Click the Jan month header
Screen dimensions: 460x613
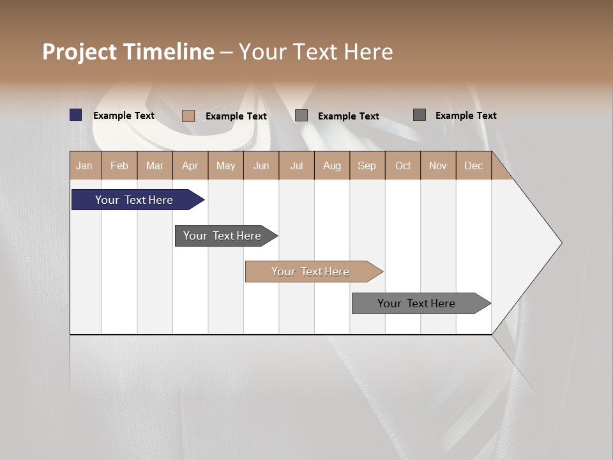[85, 165]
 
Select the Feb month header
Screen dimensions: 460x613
[119, 165]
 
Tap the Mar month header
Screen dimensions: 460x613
[155, 165]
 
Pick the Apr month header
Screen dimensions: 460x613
[190, 165]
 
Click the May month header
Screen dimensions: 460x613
[225, 165]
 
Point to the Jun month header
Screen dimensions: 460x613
[261, 165]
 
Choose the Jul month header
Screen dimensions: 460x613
[296, 165]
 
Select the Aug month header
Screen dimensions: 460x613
[332, 165]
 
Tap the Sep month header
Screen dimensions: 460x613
[367, 165]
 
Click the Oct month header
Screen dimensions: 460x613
[403, 165]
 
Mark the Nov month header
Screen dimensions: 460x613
[438, 165]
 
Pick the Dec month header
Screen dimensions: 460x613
[474, 165]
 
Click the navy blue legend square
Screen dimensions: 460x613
[76, 115]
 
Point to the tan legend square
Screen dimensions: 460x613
[188, 116]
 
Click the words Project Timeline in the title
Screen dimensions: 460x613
[128, 52]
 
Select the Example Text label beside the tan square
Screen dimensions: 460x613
[236, 116]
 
